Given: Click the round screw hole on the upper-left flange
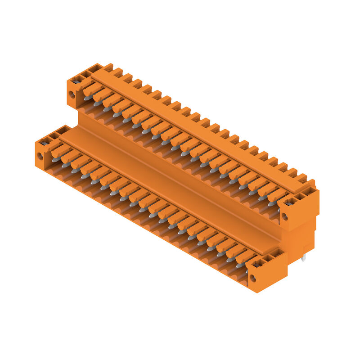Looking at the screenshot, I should [x=72, y=95].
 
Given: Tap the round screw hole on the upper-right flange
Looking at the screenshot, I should [x=284, y=216].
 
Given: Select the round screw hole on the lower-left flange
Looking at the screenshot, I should [x=40, y=156].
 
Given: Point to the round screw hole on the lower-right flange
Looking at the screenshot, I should [x=253, y=278].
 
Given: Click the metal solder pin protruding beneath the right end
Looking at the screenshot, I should [x=304, y=258].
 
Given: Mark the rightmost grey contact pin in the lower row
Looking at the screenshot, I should [x=239, y=265].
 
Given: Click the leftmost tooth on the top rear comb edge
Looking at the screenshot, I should [x=108, y=67].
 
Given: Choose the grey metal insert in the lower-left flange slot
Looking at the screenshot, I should [x=45, y=143].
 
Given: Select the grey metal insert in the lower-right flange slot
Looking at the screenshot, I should [x=258, y=265].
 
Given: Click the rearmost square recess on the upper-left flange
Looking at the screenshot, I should [x=95, y=68].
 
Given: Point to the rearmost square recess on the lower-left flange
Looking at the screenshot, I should [x=63, y=130].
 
